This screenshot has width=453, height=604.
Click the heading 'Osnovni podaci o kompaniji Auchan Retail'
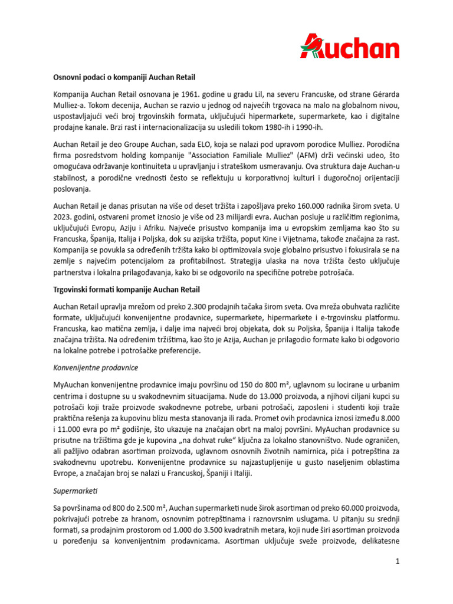[x=124, y=77]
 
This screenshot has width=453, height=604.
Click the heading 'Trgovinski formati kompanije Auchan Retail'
[x=126, y=290]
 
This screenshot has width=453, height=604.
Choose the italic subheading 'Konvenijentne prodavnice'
[x=96, y=367]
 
